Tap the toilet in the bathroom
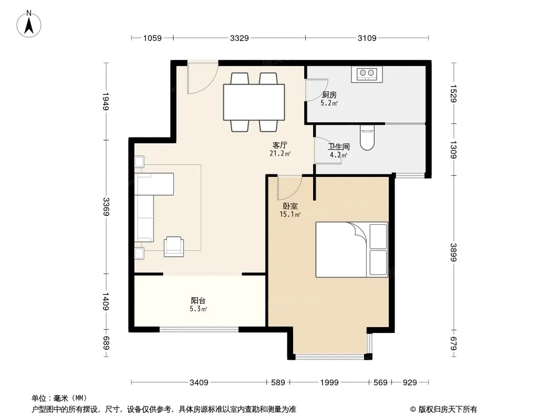tap(367, 138)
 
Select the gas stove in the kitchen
tap(367, 74)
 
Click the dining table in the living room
tap(254, 102)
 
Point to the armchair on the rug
tap(173, 247)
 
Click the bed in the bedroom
tap(351, 250)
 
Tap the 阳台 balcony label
tap(198, 301)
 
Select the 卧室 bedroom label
tap(290, 206)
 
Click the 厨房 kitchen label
tap(329, 95)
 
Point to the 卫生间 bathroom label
tap(338, 146)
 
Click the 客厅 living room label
tap(279, 145)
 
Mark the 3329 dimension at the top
tap(239, 38)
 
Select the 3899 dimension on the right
tap(453, 253)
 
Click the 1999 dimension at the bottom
tap(329, 383)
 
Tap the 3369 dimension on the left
tap(106, 207)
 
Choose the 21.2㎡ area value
tap(280, 153)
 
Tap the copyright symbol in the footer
tap(413, 409)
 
